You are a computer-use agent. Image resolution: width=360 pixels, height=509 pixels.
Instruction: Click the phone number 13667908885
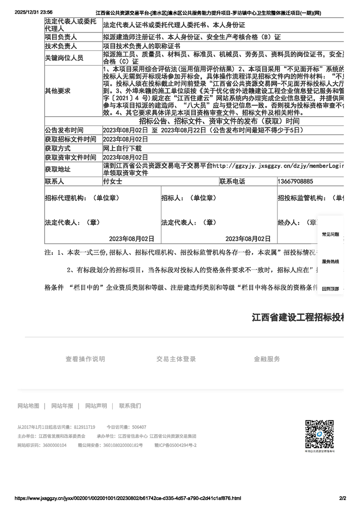coord(296,181)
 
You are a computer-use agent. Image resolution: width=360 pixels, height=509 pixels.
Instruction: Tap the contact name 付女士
coord(113,181)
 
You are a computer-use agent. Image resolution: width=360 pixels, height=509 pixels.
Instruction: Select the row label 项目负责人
coord(61,37)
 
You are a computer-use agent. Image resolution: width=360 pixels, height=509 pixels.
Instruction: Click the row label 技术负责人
coord(61,46)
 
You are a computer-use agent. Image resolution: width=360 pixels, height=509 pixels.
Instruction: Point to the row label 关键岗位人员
coord(64,58)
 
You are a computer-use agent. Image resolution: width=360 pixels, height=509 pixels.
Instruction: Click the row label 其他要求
coord(58,91)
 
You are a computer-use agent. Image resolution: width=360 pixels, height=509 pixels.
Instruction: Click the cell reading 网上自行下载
coord(123,148)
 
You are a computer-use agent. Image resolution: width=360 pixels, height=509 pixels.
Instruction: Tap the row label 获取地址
coord(58,169)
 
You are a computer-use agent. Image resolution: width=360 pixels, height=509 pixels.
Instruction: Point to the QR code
coord(320,435)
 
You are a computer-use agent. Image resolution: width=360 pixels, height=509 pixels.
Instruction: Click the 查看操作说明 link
coord(85,359)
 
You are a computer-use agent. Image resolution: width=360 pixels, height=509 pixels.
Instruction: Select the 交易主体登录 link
coord(176,359)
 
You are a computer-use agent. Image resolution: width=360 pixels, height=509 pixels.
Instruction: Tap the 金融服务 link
coord(267,359)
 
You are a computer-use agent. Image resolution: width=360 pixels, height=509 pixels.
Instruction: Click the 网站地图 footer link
coord(28,406)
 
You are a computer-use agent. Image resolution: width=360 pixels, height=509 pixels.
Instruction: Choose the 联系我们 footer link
coord(130,406)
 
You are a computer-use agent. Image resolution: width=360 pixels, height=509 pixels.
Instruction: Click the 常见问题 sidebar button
coord(330,235)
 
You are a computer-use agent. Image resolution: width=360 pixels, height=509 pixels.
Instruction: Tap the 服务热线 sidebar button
coord(330,262)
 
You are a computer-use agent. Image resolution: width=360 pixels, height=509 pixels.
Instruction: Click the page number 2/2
coord(343,498)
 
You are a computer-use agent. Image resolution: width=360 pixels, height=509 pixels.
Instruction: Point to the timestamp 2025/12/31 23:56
coord(34,12)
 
